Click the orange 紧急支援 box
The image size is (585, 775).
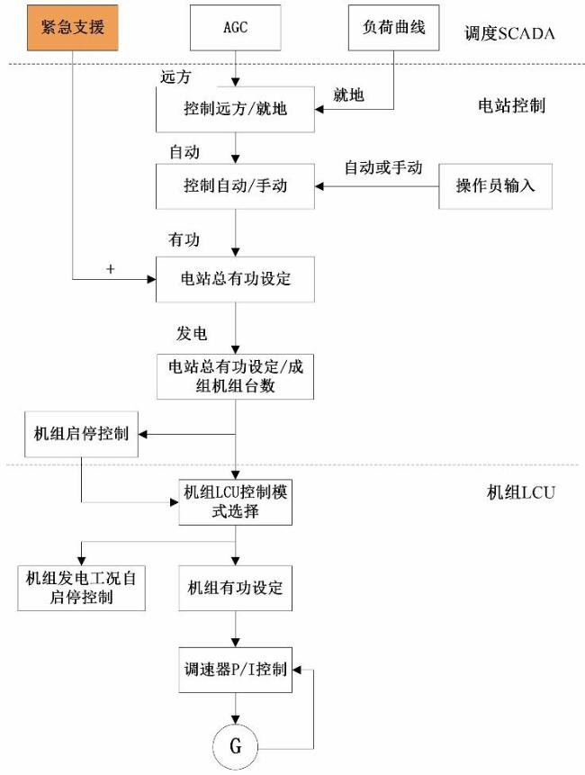(71, 28)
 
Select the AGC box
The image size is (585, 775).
(235, 28)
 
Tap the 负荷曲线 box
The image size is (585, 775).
(392, 28)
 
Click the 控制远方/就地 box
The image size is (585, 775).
(235, 111)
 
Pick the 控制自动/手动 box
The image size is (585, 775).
(235, 186)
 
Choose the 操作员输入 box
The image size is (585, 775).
(495, 186)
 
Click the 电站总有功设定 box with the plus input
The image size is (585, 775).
(235, 278)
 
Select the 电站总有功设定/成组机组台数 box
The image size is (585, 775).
(235, 374)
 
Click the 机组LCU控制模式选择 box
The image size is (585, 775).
(235, 501)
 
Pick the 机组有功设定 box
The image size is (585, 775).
(235, 588)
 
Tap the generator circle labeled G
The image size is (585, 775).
(235, 747)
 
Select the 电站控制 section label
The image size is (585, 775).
(511, 105)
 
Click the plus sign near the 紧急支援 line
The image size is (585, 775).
(110, 268)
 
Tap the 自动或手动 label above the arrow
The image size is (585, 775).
(383, 167)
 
